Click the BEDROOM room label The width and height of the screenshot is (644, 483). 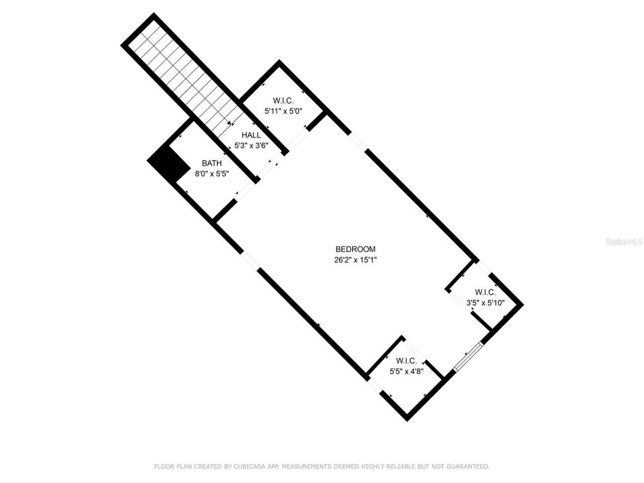click(355, 249)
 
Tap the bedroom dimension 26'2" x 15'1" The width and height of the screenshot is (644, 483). click(355, 260)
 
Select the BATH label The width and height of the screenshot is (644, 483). click(211, 163)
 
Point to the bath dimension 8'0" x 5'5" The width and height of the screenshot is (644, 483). click(212, 174)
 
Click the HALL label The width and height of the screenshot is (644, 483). click(251, 135)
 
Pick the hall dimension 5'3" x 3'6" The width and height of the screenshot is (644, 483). click(251, 145)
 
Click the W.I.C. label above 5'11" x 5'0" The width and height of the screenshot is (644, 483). click(283, 101)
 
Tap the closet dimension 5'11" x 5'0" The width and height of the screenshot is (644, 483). click(283, 111)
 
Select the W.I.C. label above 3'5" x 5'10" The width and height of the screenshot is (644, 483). click(485, 292)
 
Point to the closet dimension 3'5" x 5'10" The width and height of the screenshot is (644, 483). click(485, 303)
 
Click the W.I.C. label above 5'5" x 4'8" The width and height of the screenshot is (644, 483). click(406, 361)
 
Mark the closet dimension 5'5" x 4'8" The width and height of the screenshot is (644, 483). click(407, 372)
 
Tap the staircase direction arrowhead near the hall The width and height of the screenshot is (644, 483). click(230, 123)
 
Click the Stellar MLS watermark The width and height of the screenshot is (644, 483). click(624, 242)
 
